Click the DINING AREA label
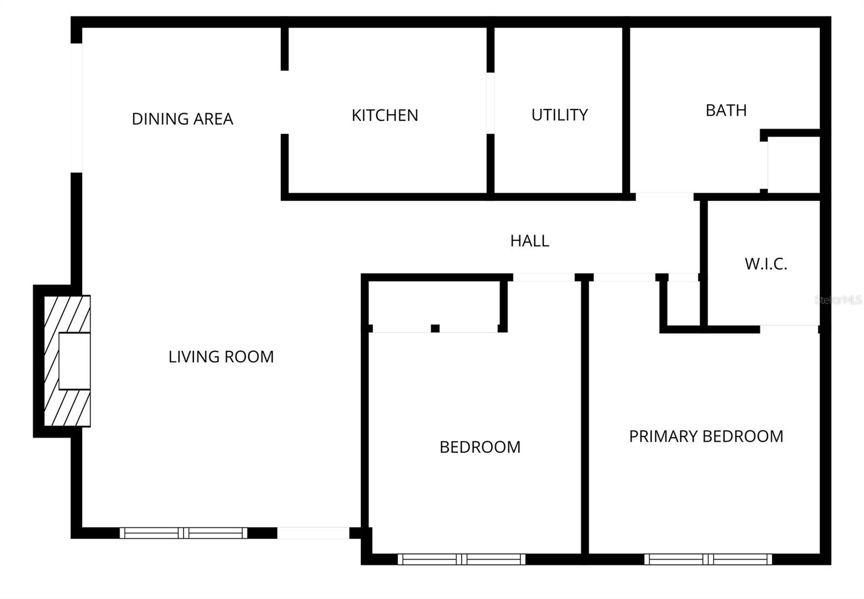tap(183, 119)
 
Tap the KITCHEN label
tap(384, 115)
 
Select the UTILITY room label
tap(559, 115)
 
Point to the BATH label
tap(726, 111)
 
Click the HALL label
tap(529, 241)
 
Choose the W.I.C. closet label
tap(766, 264)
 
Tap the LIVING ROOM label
tap(221, 357)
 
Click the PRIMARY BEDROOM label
tap(706, 436)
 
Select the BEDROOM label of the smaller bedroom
tap(480, 447)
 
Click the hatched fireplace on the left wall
tap(67, 361)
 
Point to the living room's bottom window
tap(183, 533)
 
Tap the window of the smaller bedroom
tap(462, 560)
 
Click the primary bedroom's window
tap(708, 560)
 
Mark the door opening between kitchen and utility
tap(490, 103)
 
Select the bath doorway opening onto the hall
tap(664, 196)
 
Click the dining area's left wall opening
tap(77, 108)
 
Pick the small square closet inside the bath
tap(793, 164)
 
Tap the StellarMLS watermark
tap(838, 300)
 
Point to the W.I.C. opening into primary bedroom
tap(789, 329)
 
